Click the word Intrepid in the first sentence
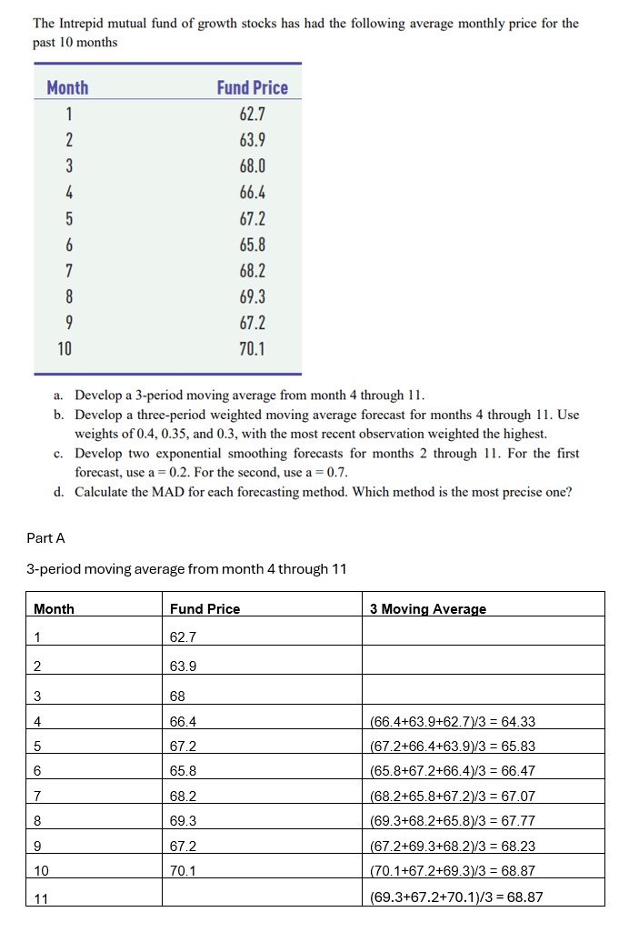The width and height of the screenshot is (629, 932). pyautogui.click(x=86, y=24)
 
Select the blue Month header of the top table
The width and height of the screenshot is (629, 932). pyautogui.click(x=67, y=87)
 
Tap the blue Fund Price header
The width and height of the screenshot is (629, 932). pyautogui.click(x=252, y=87)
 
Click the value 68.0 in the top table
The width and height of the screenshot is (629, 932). pyautogui.click(x=252, y=166)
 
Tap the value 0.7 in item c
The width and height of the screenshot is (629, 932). pyautogui.click(x=337, y=472)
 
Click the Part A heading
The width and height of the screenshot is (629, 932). pyautogui.click(x=46, y=538)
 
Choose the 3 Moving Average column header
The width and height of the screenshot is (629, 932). pyautogui.click(x=427, y=609)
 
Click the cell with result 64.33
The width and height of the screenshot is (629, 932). pyautogui.click(x=453, y=722)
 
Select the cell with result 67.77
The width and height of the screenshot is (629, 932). pyautogui.click(x=453, y=821)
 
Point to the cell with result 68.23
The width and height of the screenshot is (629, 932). pyautogui.click(x=453, y=846)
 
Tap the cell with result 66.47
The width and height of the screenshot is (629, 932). pyautogui.click(x=453, y=771)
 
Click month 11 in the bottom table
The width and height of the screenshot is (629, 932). pyautogui.click(x=40, y=898)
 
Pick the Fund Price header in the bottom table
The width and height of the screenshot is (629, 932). pyautogui.click(x=205, y=609)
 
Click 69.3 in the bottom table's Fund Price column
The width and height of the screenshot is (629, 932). pyautogui.click(x=183, y=821)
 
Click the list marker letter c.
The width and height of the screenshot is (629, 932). pyautogui.click(x=57, y=453)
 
